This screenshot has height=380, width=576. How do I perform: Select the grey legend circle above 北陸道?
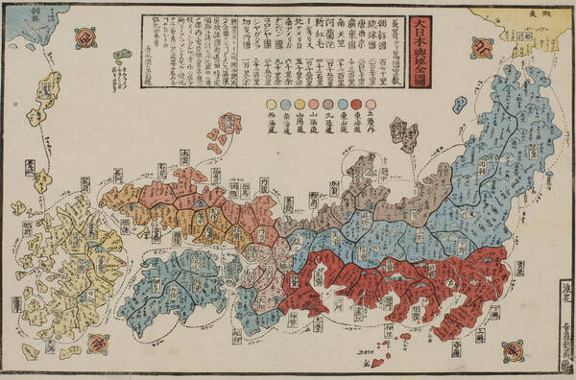(328, 103)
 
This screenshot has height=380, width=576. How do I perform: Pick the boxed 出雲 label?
(185, 154)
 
